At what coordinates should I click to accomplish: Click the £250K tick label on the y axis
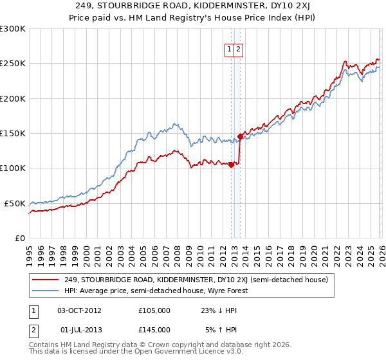click(x=13, y=64)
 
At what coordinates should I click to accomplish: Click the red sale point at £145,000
click(x=240, y=136)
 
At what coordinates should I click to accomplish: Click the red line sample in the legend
click(x=46, y=280)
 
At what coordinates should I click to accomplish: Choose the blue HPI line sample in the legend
click(x=46, y=291)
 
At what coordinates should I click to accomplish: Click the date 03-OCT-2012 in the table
click(x=80, y=310)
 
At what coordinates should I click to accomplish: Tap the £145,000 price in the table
click(x=154, y=329)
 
